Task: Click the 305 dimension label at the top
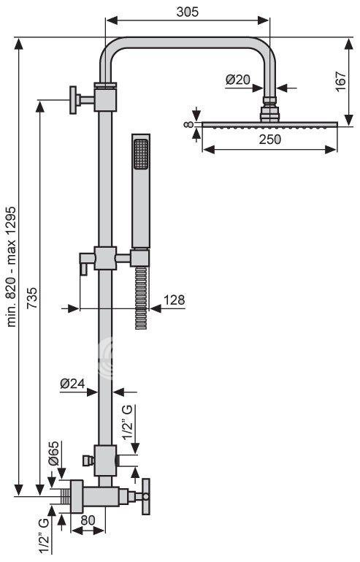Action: [187, 12]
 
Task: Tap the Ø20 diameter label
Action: [238, 79]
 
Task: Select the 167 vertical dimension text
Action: [341, 81]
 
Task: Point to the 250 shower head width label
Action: [270, 139]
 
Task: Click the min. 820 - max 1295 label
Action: [12, 266]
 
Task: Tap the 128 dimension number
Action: [174, 300]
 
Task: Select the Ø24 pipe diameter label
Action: [73, 384]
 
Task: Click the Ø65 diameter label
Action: [53, 453]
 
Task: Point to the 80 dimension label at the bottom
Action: [88, 520]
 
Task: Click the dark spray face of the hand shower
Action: [140, 154]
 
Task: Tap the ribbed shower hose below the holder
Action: [141, 297]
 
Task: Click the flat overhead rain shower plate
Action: [270, 124]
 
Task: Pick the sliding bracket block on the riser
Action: [105, 258]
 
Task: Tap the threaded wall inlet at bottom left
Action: [66, 496]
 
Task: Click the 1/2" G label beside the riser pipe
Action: [128, 422]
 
